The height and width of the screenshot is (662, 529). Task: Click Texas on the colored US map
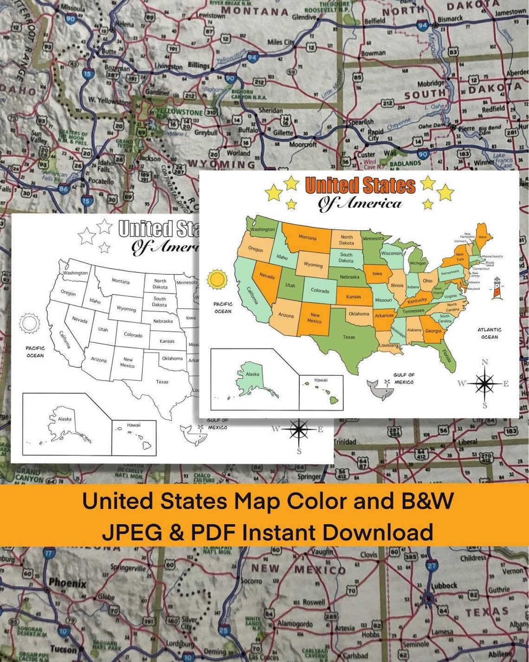(x=349, y=337)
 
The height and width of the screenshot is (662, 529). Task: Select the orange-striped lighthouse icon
(x=497, y=287)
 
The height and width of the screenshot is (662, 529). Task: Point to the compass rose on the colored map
(x=485, y=383)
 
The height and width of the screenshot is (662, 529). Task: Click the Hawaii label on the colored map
(x=321, y=380)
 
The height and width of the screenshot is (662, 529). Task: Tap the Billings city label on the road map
(x=199, y=65)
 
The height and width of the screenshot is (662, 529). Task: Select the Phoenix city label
(x=67, y=582)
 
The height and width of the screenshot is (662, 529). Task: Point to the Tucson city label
(x=63, y=649)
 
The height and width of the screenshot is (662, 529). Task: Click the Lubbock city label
(x=444, y=585)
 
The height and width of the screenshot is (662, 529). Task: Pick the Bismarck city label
(x=450, y=19)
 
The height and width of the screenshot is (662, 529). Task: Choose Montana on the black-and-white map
(x=121, y=281)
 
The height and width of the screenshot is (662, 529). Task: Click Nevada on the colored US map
(x=267, y=275)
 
